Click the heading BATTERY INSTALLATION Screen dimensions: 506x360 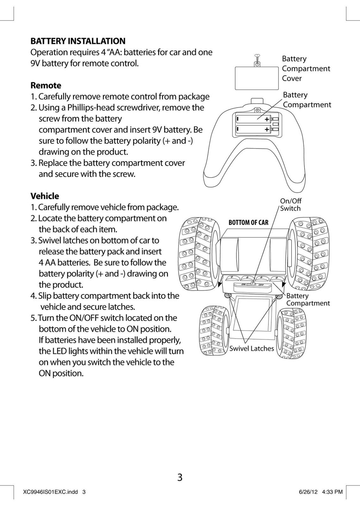[78, 41]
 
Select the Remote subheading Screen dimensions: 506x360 [46, 85]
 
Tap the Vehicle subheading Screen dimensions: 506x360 [45, 196]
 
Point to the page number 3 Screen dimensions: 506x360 [180, 477]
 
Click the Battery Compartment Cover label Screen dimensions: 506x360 [306, 68]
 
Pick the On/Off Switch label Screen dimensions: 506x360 [290, 205]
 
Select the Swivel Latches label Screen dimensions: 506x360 [251, 348]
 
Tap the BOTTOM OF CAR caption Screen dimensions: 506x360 [248, 223]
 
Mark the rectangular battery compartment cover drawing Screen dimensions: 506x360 [257, 78]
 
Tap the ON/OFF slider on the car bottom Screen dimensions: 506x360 [253, 284]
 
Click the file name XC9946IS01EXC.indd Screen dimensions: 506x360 [51, 492]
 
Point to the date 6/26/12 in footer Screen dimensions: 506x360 [308, 492]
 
